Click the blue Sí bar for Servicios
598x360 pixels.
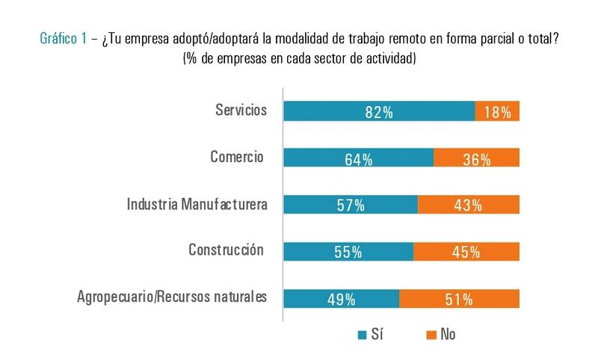379,111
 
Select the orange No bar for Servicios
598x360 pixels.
497,111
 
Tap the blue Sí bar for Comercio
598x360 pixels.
359,158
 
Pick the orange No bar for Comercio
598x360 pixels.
476,158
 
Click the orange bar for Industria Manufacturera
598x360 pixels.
469,205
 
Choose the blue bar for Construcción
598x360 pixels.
348,252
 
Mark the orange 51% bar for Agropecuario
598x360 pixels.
459,299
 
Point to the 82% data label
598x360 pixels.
379,112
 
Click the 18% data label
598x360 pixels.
497,112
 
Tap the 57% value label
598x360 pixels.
351,205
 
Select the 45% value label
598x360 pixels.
466,252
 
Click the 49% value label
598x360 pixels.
341,300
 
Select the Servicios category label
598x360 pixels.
241,111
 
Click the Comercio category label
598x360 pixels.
237,157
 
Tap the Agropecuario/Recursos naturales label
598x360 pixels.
172,297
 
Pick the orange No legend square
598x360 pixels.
429,335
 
